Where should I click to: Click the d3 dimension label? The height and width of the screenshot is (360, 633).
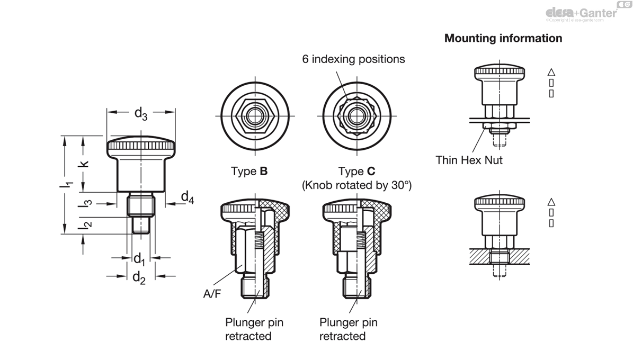(140, 113)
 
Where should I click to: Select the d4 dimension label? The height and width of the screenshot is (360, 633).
(187, 197)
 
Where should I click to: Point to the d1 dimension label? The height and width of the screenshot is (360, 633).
(139, 259)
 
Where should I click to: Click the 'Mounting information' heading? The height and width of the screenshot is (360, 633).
(503, 38)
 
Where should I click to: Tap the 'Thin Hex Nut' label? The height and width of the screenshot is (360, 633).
(469, 160)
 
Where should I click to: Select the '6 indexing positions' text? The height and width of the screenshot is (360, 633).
(353, 59)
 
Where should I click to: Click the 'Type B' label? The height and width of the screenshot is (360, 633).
(249, 172)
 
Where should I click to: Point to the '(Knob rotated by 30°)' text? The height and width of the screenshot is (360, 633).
(356, 185)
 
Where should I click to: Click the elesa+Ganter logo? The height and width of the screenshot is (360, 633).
(581, 12)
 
